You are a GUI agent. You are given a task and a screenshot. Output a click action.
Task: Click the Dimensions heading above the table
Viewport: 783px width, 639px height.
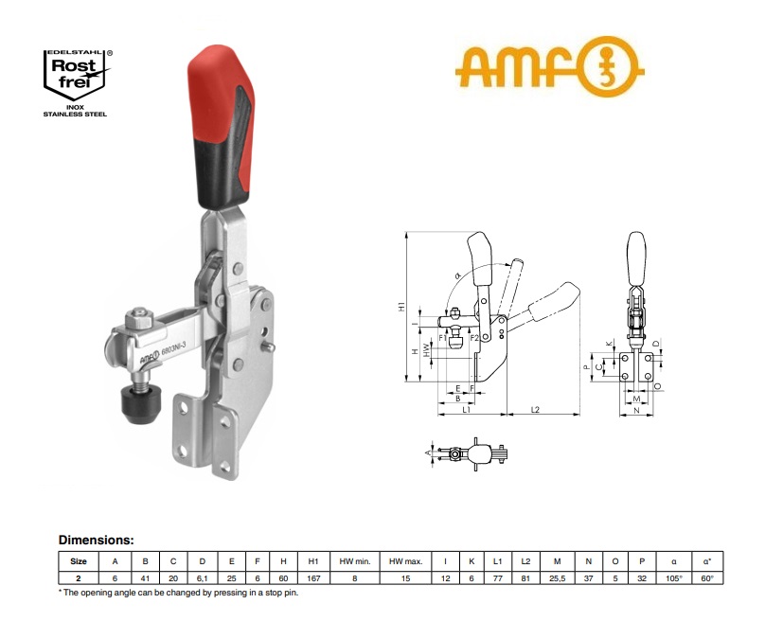click(x=97, y=540)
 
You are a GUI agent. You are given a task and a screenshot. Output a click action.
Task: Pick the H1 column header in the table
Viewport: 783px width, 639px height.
click(x=313, y=561)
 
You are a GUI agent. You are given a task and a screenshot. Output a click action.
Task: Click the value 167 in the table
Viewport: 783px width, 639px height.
click(x=313, y=577)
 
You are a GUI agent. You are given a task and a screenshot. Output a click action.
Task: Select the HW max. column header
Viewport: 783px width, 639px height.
click(x=403, y=561)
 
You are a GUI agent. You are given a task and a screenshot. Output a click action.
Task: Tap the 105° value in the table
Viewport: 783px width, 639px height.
click(x=673, y=577)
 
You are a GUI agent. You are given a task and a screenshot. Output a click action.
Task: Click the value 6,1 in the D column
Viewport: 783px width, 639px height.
click(x=201, y=577)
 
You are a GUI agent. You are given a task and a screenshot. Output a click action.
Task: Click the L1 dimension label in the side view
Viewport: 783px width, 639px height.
click(x=467, y=410)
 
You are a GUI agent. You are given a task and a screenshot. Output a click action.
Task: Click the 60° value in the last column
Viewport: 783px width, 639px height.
click(x=707, y=577)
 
